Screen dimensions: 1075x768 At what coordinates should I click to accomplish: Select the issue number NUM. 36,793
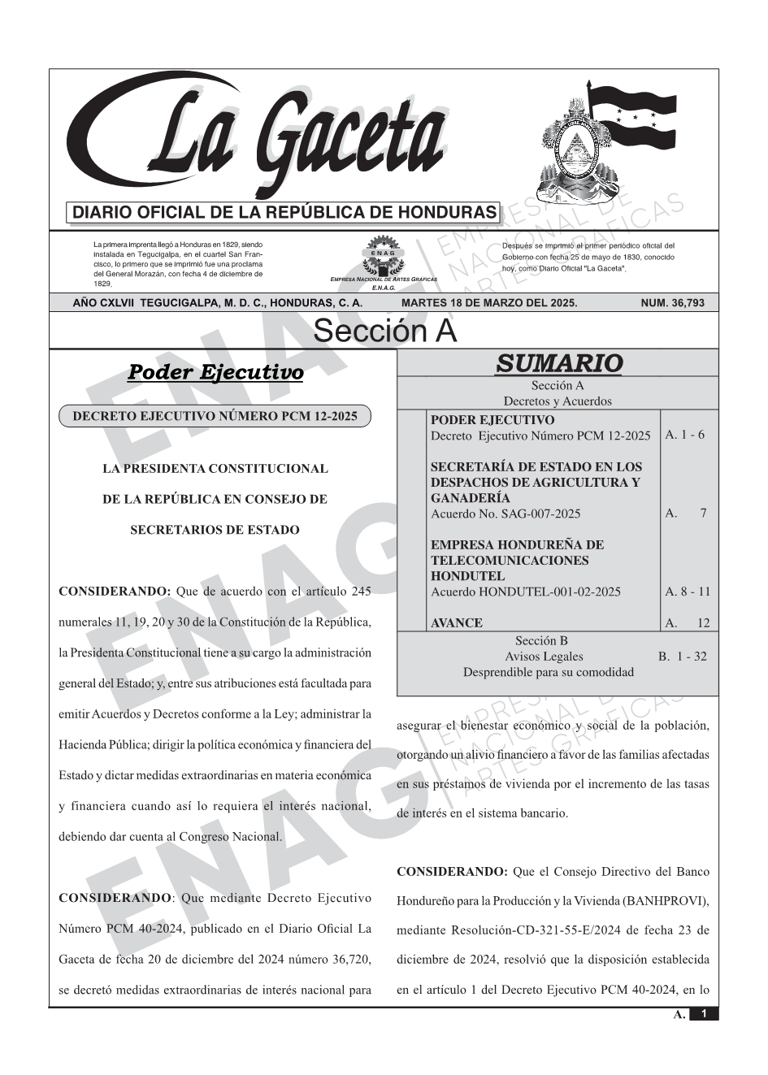tap(672, 303)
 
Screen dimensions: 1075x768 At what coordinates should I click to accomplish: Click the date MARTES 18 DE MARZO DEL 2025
tap(489, 303)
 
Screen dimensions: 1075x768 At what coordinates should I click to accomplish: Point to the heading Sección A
tap(384, 332)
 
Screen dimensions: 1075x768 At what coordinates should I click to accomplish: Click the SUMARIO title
tap(558, 363)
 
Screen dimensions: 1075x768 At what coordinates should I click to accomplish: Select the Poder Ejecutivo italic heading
tap(215, 372)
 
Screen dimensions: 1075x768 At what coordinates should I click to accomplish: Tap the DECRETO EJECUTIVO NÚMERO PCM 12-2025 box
tap(215, 416)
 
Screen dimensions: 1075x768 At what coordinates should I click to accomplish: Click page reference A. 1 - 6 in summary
tap(684, 435)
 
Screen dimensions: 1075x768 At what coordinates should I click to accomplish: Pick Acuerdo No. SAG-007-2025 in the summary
tap(505, 514)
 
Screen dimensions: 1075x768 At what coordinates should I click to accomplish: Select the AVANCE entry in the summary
tap(456, 623)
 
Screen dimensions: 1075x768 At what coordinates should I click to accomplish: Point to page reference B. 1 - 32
tap(682, 657)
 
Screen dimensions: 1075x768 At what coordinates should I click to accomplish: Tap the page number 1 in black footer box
tap(704, 1014)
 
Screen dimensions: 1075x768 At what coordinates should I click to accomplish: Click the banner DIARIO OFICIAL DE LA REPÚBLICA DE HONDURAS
tap(284, 213)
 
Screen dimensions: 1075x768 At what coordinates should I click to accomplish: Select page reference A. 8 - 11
tap(687, 592)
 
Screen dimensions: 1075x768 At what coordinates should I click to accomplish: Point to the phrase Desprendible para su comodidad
tap(548, 672)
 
